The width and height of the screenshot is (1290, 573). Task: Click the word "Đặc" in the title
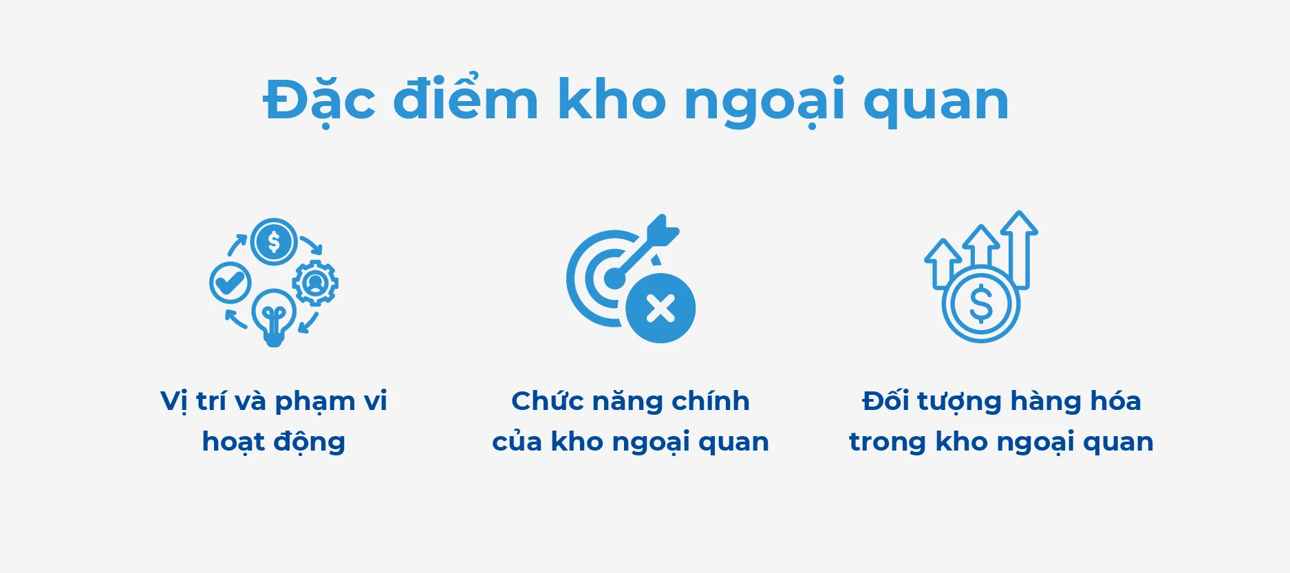coord(319,100)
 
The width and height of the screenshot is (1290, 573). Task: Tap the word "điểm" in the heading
coord(465,100)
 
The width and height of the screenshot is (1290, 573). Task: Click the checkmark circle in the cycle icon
coord(230,282)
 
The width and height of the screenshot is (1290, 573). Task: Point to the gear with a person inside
coord(315,282)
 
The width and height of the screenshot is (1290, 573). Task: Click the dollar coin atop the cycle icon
coord(274,242)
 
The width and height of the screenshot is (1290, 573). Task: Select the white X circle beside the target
coord(660,308)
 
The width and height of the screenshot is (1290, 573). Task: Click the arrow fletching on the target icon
coord(663,230)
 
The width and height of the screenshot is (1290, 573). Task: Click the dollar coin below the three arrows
coord(980,304)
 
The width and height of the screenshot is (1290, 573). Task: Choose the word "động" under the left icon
coord(309,442)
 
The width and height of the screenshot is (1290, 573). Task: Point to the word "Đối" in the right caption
coord(885,401)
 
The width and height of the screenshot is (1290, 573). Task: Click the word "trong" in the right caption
coord(887,442)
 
